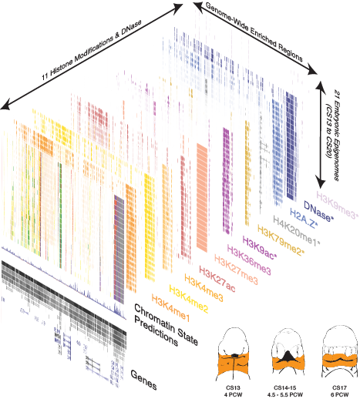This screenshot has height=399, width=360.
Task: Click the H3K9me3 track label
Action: click(x=338, y=205)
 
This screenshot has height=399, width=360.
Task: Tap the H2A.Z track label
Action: click(x=304, y=218)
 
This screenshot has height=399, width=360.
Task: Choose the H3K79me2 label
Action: click(x=281, y=240)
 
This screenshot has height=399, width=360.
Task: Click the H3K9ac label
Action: click(x=260, y=247)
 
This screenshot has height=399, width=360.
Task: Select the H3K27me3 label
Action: click(x=236, y=270)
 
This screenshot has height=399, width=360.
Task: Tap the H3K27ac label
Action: click(x=217, y=280)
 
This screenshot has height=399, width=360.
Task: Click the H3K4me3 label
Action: click(x=204, y=287)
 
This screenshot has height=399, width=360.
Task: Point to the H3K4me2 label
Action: click(x=188, y=298)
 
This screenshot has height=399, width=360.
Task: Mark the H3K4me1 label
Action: click(x=170, y=307)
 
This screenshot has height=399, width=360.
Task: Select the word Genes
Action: click(x=143, y=380)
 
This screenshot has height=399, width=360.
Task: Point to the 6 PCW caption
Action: click(x=339, y=394)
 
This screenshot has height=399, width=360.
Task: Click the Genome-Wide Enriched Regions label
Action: click(x=254, y=33)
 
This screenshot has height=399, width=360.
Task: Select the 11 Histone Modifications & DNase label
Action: click(x=92, y=50)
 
